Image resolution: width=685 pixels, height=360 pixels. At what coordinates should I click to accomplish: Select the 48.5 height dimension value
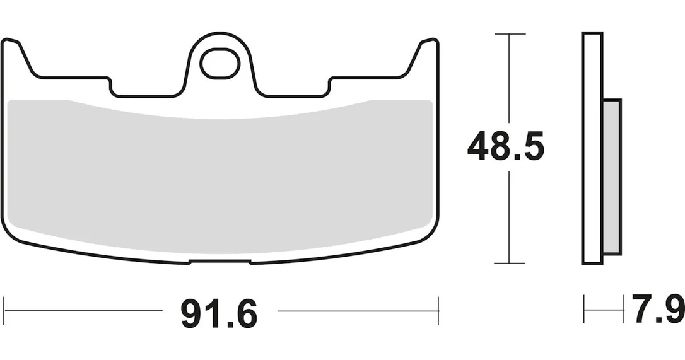coord(505,146)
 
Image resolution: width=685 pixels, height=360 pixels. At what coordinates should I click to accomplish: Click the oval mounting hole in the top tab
coord(220,64)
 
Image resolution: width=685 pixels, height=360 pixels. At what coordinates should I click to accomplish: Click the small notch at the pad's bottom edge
coord(220,262)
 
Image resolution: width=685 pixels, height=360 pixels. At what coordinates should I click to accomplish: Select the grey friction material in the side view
coord(612,177)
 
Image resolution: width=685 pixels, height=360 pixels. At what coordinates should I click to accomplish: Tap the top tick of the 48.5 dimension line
coord(510,33)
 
